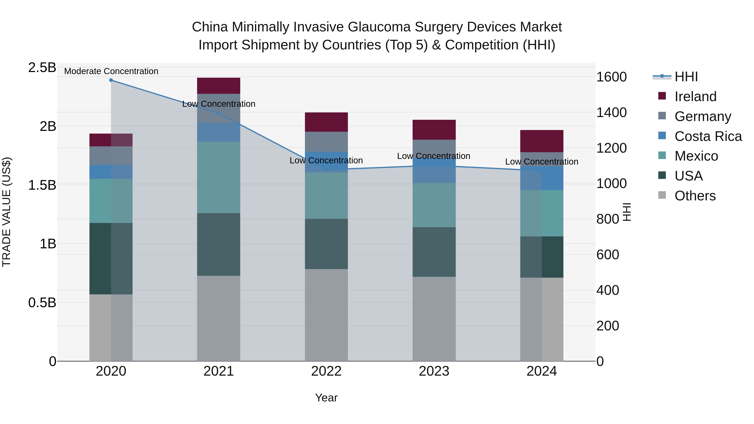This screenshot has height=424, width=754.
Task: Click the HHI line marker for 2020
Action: coord(111,80)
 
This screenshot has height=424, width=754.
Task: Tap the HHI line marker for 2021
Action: coord(218,113)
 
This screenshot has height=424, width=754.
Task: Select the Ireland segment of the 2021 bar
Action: coord(218,86)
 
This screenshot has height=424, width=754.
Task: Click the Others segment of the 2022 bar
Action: coord(326,315)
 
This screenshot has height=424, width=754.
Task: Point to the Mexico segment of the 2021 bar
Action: coord(218,177)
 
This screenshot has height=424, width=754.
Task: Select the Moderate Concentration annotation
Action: coord(111,71)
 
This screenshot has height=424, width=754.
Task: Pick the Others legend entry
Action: coord(695,196)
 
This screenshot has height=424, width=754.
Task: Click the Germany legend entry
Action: coord(702,116)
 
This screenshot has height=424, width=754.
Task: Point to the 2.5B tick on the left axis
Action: coord(42,68)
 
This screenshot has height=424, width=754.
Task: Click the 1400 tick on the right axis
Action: coord(611,112)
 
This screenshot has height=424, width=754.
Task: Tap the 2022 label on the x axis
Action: coord(326,371)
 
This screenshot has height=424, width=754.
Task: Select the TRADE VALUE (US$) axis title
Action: coord(6,212)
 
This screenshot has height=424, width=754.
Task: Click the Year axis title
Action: coord(326,398)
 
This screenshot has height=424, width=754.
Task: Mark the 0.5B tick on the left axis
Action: coord(42,303)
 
